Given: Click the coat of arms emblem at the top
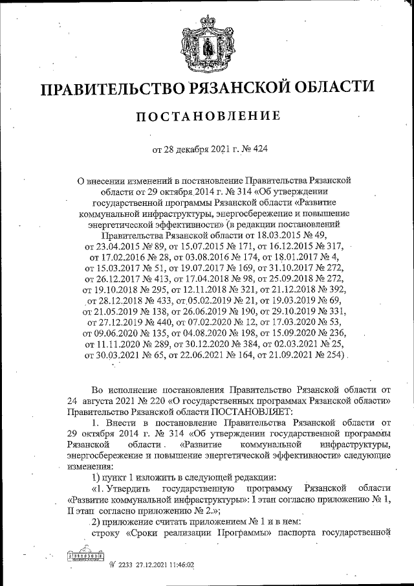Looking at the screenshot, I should click(208, 40).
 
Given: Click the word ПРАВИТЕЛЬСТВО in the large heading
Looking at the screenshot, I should click(112, 88).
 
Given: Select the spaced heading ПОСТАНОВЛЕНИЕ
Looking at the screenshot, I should click(207, 117).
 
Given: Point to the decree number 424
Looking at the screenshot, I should click(259, 150).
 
